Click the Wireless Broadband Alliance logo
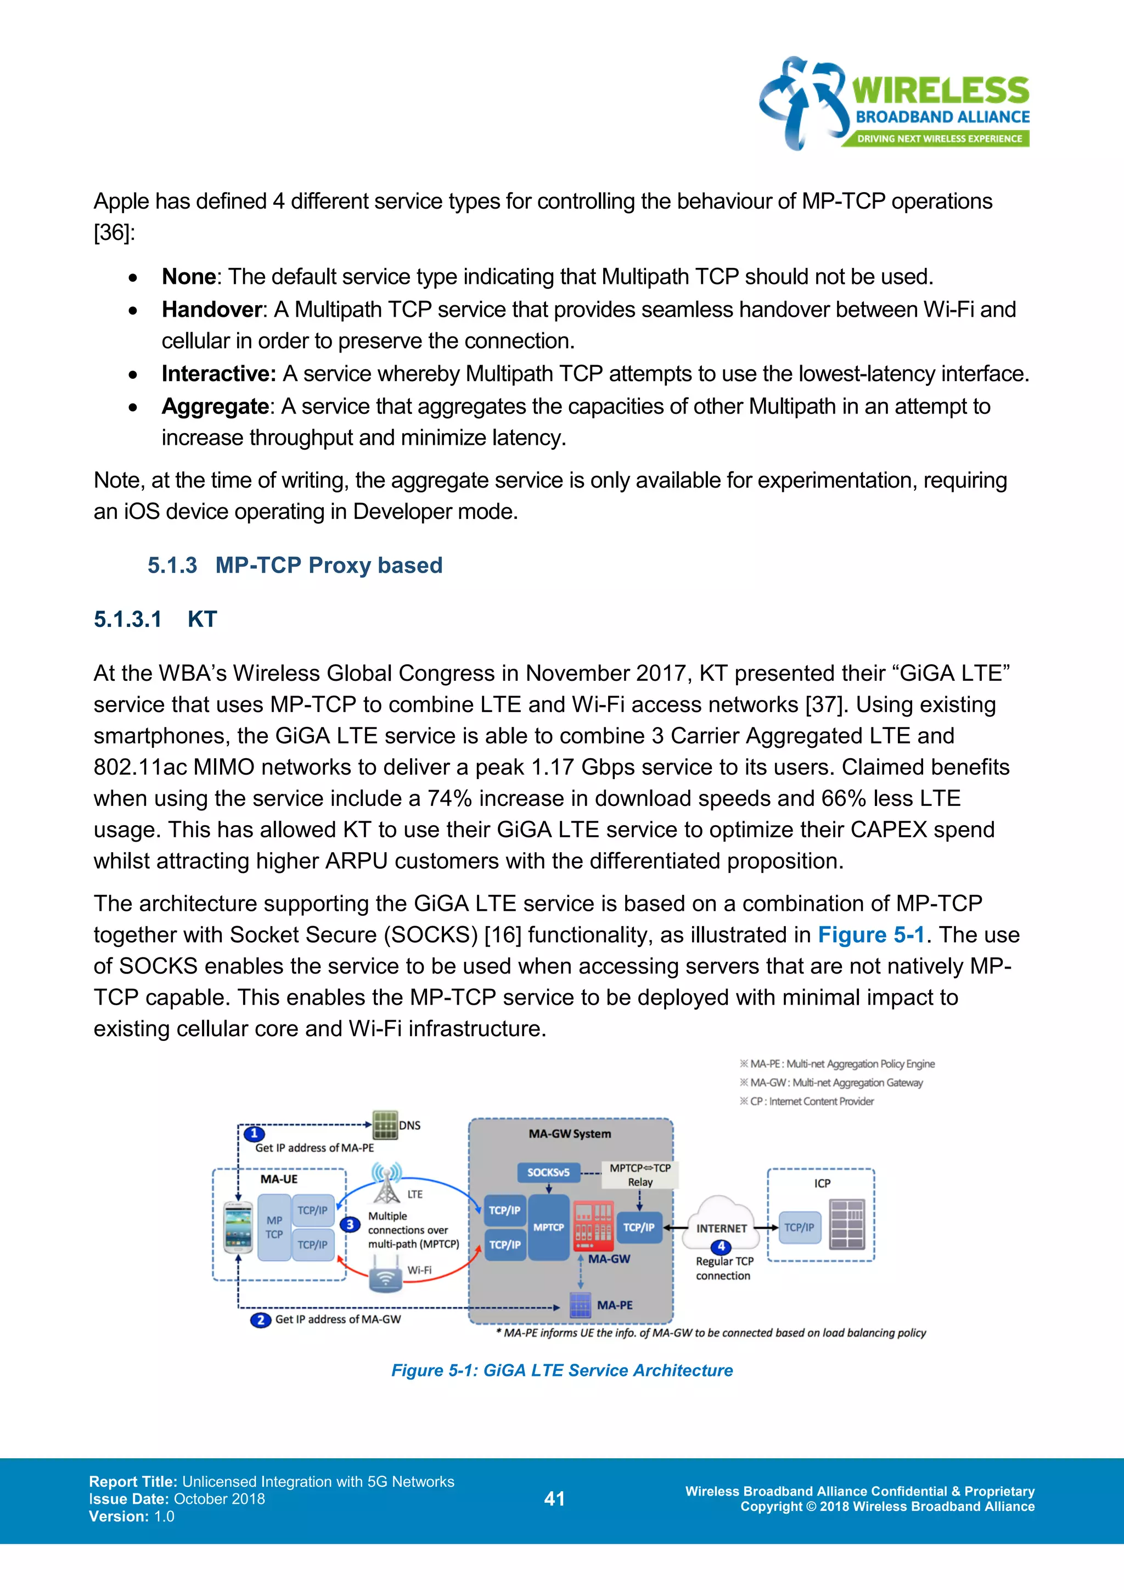894,104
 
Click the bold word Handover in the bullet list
212,310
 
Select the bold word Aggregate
215,406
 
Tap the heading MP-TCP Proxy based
328,565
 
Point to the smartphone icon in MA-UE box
238,1227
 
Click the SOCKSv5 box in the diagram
548,1172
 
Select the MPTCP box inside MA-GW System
548,1227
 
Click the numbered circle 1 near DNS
254,1134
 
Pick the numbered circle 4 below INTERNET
721,1246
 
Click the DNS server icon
385,1124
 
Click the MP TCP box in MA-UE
274,1227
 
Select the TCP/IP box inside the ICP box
800,1227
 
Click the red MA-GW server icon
593,1227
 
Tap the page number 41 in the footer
554,1499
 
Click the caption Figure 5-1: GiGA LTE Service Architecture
562,1370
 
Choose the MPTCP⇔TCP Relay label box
639,1174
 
